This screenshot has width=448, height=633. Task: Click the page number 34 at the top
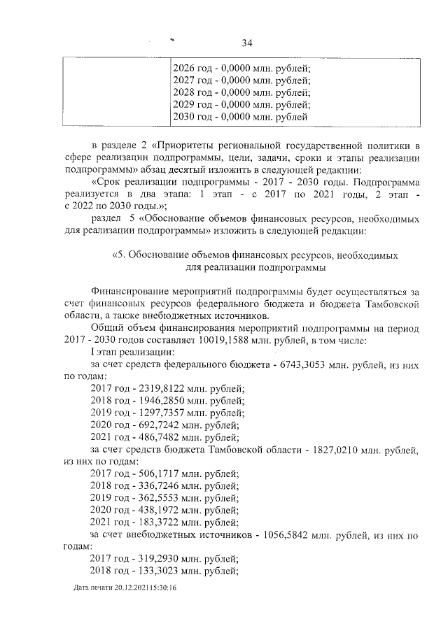click(246, 43)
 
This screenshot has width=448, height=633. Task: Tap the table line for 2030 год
click(239, 118)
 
